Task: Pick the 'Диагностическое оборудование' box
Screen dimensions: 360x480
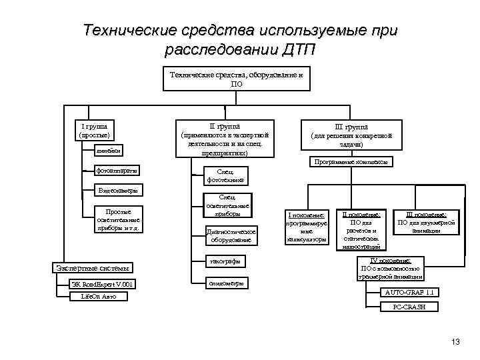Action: tap(230, 235)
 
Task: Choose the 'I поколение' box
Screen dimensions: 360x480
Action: tap(306, 227)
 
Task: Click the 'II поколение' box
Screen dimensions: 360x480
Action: tap(361, 227)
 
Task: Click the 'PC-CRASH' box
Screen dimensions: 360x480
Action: tap(409, 307)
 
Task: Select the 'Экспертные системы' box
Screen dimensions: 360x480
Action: tap(93, 268)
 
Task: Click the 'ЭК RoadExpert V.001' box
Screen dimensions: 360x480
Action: tap(104, 285)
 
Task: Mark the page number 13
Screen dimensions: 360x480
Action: tap(456, 342)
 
